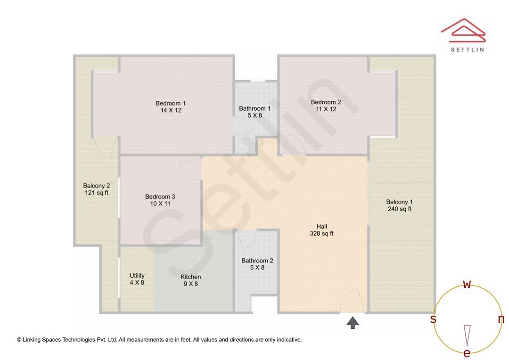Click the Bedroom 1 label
point(171,103)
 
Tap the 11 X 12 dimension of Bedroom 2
point(326,109)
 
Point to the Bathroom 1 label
point(255,108)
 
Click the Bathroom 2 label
point(257,261)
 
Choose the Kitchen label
point(191,277)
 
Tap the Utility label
point(137,276)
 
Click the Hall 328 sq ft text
point(322,230)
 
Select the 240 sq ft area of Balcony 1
point(399,209)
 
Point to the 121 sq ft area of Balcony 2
point(96,192)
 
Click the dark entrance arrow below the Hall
point(353,322)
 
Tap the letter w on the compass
point(467,284)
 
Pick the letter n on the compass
point(501,319)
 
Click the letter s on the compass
point(433,319)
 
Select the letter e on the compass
point(467,353)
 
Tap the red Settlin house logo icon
point(463,30)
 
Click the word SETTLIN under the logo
point(467,49)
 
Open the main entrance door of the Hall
point(352,302)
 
